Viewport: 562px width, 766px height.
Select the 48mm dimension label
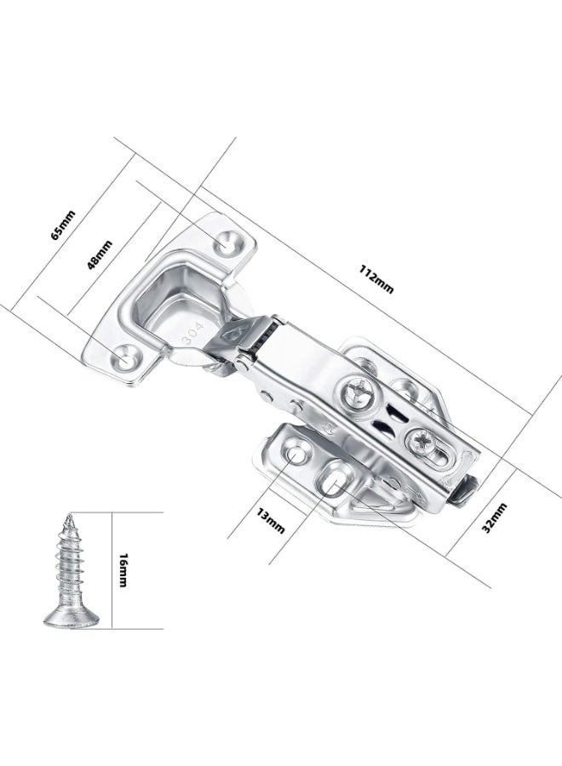point(100,254)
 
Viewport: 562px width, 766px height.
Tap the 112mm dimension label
point(376,279)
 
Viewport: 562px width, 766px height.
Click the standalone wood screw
point(72,570)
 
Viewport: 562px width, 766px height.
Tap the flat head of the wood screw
point(72,620)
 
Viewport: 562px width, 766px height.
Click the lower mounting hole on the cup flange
point(128,357)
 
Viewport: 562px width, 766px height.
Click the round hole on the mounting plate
point(296,452)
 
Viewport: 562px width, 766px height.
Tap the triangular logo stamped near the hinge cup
point(232,334)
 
